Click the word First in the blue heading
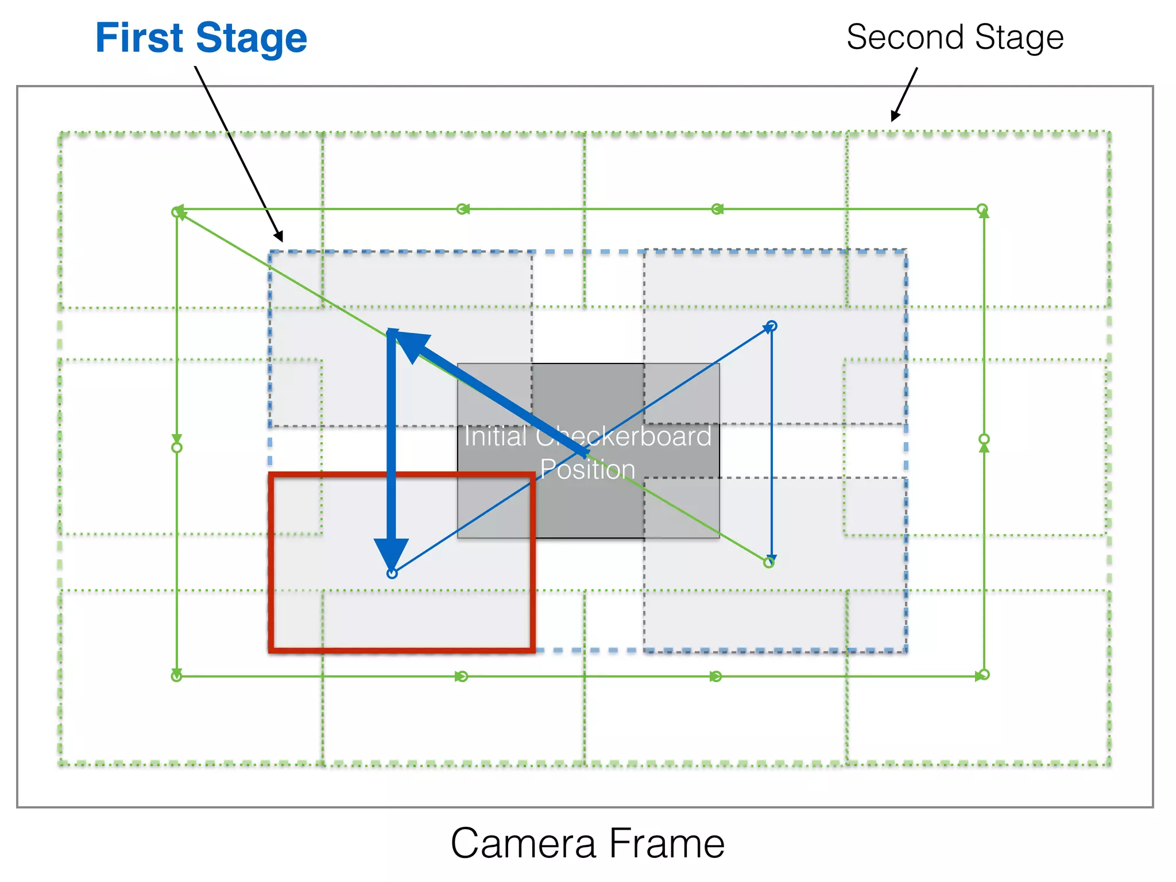coord(139,38)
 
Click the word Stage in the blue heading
coord(251,39)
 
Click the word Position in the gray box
coord(587,469)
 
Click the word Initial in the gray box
coord(495,436)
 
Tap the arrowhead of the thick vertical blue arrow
coord(391,552)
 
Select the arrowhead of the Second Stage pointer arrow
coord(895,115)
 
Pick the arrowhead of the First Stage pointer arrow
coord(279,236)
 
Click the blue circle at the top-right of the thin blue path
coord(772,326)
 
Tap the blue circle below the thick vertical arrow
coord(392,573)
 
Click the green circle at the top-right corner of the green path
coord(982,208)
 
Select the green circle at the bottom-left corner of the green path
coord(176,676)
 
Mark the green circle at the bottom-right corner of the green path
coord(984,674)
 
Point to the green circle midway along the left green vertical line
coord(177,447)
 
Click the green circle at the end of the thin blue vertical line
coord(769,563)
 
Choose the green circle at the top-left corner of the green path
coord(176,212)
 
